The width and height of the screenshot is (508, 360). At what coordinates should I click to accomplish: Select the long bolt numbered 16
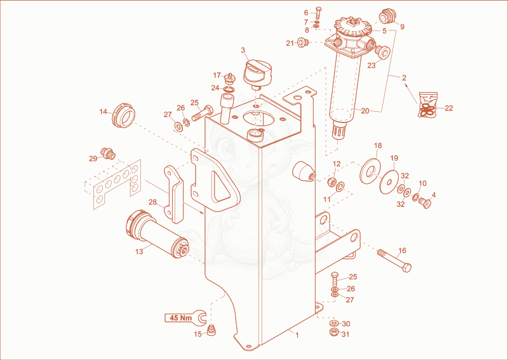coord(394,259)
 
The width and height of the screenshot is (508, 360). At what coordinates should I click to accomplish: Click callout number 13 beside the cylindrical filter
coord(139,251)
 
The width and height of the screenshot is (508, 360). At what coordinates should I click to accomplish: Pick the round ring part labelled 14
coord(123,115)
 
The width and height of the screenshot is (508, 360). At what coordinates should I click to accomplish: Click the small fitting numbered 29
coord(108,153)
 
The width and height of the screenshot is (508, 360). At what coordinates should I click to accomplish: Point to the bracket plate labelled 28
coord(174,194)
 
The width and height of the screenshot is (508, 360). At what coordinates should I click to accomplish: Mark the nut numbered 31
coord(334,332)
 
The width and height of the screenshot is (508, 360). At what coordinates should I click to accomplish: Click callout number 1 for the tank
coord(297,335)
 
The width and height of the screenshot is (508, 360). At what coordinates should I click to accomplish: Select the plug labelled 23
coord(383,51)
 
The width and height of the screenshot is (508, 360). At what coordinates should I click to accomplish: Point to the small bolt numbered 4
coord(425,203)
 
